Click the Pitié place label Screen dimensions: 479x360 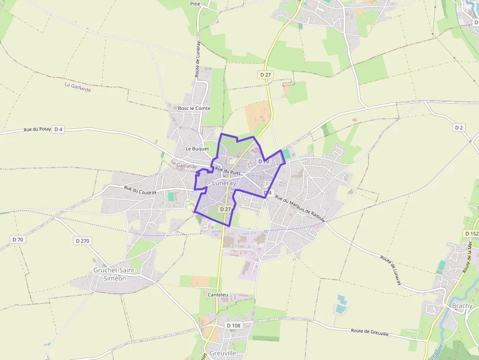click(x=196, y=3)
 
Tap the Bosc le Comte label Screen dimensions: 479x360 click(x=194, y=108)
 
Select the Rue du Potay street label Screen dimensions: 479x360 click(x=37, y=129)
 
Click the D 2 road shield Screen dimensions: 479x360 click(x=458, y=127)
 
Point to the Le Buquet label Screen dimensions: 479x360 click(x=197, y=148)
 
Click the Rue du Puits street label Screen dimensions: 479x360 click(x=228, y=171)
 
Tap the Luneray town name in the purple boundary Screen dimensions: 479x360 click(x=224, y=183)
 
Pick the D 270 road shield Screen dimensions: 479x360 click(x=83, y=241)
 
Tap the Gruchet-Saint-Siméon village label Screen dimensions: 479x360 click(x=110, y=274)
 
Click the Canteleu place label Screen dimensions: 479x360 click(x=218, y=295)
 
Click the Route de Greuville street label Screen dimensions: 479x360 click(x=370, y=333)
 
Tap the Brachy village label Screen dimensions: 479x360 click(x=462, y=306)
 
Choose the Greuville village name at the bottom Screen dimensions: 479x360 click(x=222, y=353)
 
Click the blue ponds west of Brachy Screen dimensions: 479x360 click(x=341, y=303)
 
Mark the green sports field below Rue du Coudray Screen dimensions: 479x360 click(x=171, y=196)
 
